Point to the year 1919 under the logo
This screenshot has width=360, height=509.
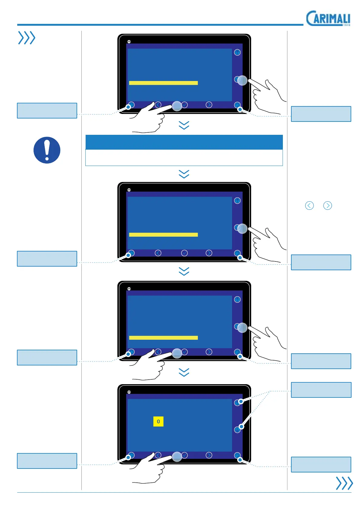click(x=346, y=25)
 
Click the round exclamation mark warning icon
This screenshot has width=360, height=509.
click(x=47, y=150)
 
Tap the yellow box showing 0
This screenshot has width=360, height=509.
click(x=158, y=422)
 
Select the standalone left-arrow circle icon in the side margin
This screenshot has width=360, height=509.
click(x=309, y=206)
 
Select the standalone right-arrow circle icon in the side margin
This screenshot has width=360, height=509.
click(x=328, y=206)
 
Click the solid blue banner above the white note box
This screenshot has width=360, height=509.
click(x=184, y=142)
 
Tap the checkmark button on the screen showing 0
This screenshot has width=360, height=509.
click(x=184, y=455)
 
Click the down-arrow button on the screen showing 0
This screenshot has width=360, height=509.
click(x=237, y=430)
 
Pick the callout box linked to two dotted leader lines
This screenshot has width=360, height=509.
click(x=321, y=390)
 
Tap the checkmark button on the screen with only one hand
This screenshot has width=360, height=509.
click(x=184, y=253)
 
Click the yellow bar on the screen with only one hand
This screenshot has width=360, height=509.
click(x=163, y=235)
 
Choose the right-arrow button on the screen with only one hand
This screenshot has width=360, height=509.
click(x=209, y=253)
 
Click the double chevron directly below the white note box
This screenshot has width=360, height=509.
click(x=184, y=174)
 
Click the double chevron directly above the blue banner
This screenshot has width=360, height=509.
click(x=184, y=125)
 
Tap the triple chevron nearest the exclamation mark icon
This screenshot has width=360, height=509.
click(x=27, y=38)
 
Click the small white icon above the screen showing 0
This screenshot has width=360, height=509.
click(x=129, y=392)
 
